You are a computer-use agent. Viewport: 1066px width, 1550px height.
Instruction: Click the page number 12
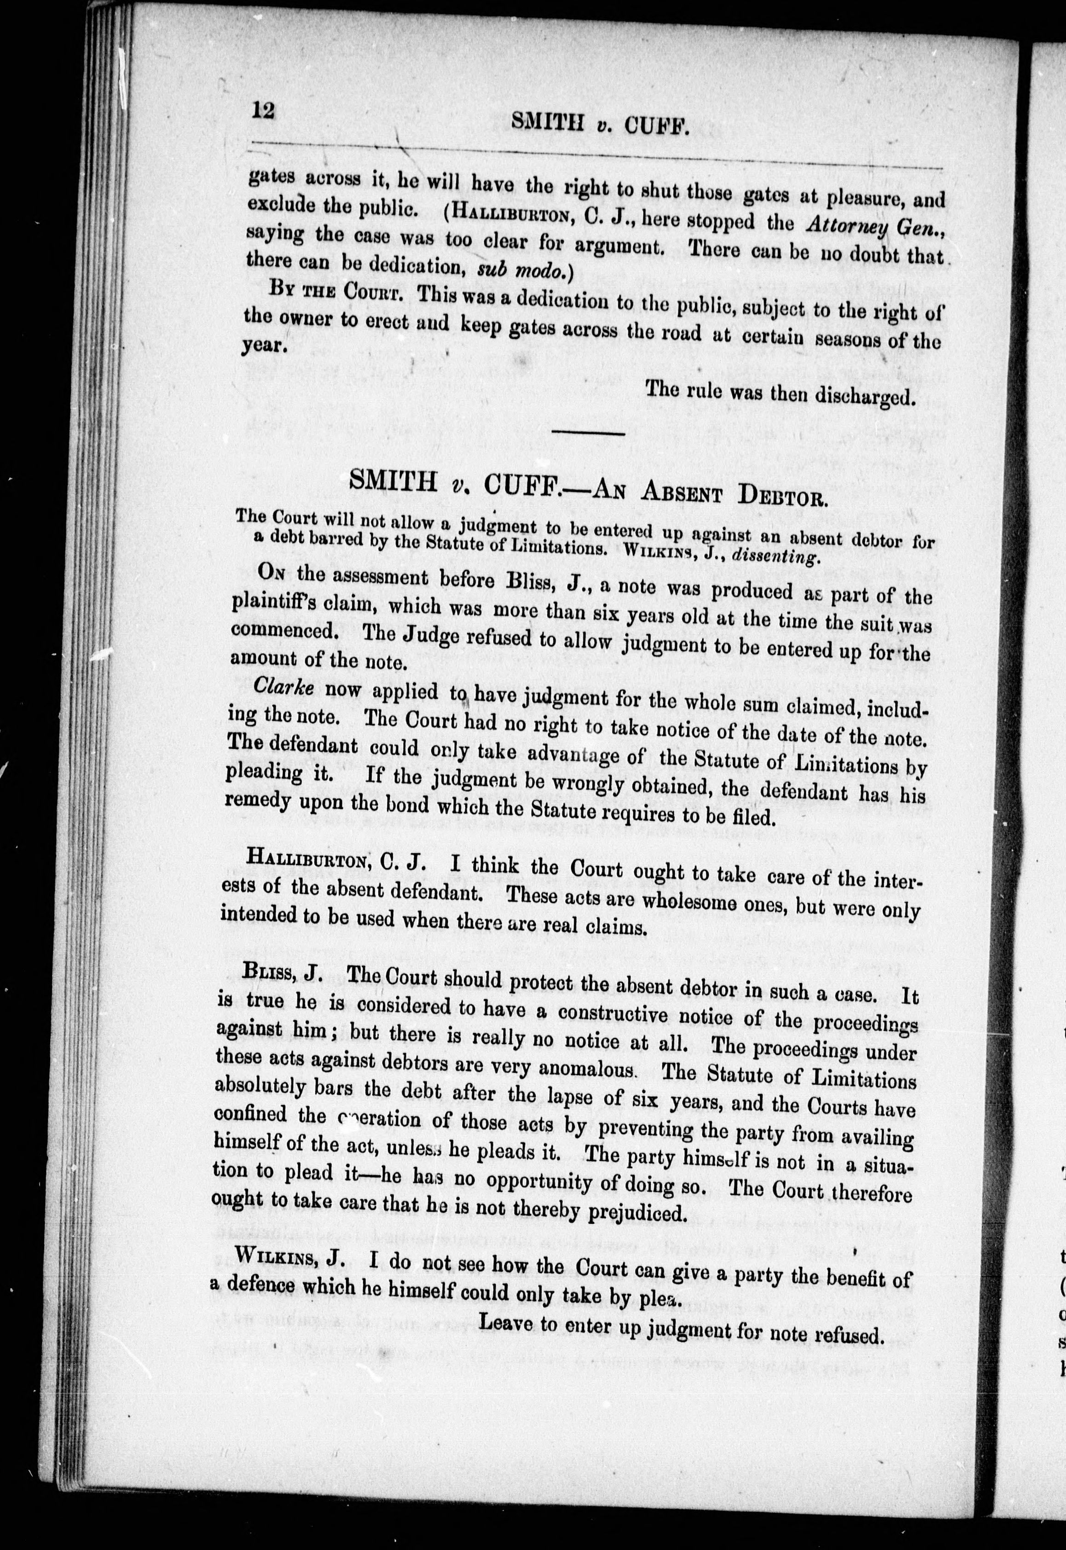tap(263, 109)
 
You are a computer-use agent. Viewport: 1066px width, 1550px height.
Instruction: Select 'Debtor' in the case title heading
tap(782, 497)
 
